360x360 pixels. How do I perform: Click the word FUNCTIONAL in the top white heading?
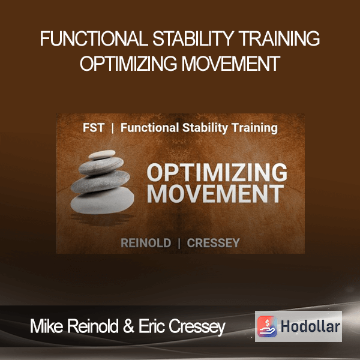tap(94, 38)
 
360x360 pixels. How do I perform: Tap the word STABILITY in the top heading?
tap(193, 38)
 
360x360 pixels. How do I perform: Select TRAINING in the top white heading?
tap(279, 38)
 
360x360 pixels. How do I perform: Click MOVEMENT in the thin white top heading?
tap(231, 63)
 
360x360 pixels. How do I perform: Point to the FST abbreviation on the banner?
tap(94, 128)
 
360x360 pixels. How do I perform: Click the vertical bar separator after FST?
tap(113, 128)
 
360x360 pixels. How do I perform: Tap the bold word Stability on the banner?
tap(205, 128)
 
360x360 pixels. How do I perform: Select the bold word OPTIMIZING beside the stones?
tap(217, 172)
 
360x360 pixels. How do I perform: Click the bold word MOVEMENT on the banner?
tap(215, 194)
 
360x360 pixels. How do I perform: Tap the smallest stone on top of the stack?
tap(102, 155)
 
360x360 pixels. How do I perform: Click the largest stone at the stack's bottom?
tap(102, 200)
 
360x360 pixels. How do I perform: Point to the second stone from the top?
tap(101, 166)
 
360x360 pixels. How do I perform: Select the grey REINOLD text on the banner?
tap(146, 243)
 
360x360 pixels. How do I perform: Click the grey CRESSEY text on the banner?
tap(213, 243)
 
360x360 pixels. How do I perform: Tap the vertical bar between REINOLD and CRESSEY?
tap(179, 244)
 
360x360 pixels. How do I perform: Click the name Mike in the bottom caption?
tap(47, 326)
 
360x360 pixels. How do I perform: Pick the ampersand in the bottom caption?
tap(128, 326)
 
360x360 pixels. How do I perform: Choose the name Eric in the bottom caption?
tap(152, 326)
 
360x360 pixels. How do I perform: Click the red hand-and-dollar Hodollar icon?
tap(267, 326)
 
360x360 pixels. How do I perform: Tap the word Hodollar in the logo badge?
tap(310, 326)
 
